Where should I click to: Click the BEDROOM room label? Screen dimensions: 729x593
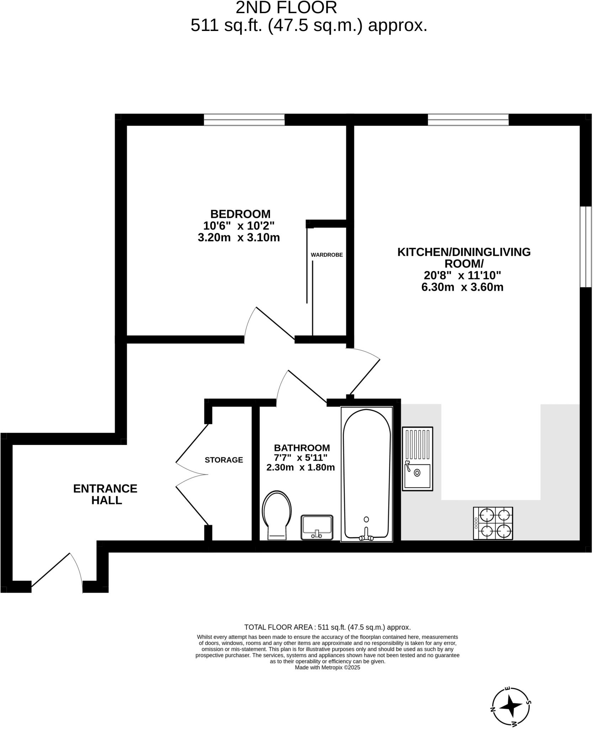[x=240, y=214]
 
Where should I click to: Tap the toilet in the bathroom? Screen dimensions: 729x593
[x=276, y=515]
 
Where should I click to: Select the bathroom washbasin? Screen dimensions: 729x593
[x=317, y=527]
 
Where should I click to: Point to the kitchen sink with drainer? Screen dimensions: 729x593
[x=417, y=459]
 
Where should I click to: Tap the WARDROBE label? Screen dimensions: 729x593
[x=327, y=255]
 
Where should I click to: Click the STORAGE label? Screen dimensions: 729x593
[x=224, y=460]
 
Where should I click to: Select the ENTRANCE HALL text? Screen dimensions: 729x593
[x=105, y=494]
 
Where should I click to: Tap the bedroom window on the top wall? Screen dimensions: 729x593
[x=244, y=120]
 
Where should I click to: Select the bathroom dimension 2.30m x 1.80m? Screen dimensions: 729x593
[x=300, y=467]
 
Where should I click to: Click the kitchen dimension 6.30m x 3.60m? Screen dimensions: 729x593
[x=462, y=287]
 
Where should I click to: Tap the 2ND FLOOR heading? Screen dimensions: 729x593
[x=286, y=7]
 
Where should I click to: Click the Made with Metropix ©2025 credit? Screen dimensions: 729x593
[x=327, y=667]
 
